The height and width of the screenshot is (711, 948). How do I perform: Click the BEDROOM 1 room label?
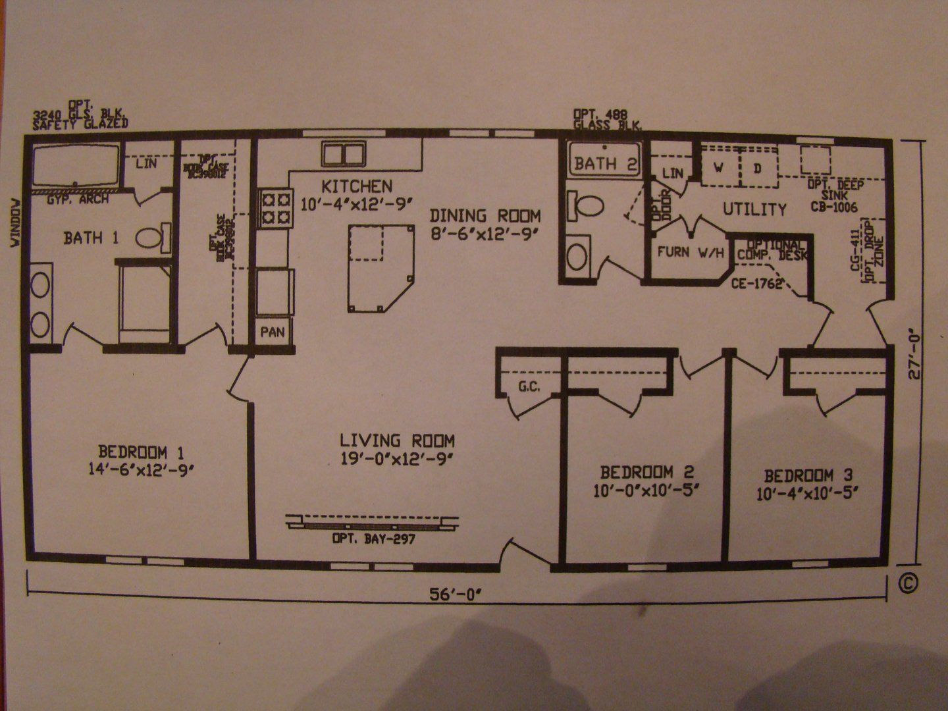click(x=141, y=452)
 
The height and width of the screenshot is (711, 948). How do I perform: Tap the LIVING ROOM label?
click(x=397, y=440)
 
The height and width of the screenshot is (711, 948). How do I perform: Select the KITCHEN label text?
click(x=357, y=186)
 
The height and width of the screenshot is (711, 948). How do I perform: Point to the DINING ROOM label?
click(x=485, y=215)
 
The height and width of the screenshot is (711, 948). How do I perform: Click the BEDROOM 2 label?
click(x=646, y=472)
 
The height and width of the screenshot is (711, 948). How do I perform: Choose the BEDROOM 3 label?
click(x=811, y=475)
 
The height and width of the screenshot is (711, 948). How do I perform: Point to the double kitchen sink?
click(x=344, y=154)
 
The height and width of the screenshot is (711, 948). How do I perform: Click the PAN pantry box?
click(x=273, y=331)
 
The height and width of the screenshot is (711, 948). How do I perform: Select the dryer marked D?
click(x=758, y=169)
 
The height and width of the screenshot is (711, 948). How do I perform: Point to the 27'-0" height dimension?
click(x=915, y=356)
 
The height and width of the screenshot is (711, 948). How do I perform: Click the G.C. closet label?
click(x=529, y=387)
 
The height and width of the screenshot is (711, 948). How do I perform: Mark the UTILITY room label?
click(x=754, y=209)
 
